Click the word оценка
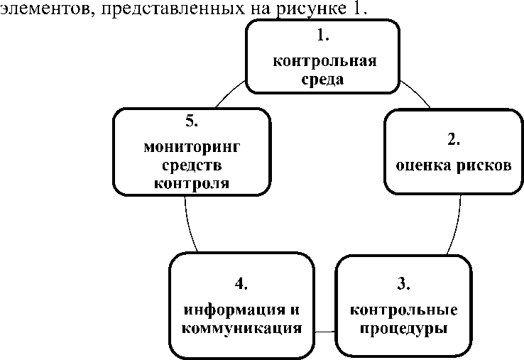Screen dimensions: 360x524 420,167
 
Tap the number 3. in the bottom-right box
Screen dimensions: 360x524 403,284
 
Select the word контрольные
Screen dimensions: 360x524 404,310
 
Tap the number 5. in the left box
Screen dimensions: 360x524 191,121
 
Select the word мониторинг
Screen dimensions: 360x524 192,148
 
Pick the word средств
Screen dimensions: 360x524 192,165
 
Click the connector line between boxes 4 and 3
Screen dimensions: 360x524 324,331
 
